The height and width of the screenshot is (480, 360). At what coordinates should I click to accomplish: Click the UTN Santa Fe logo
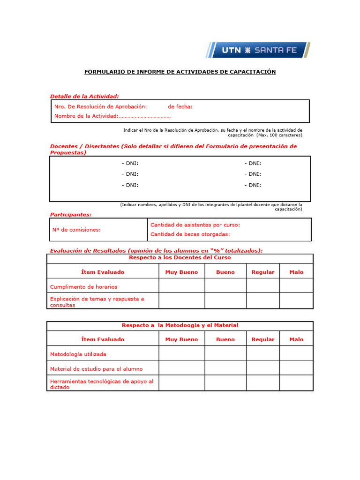(x=258, y=50)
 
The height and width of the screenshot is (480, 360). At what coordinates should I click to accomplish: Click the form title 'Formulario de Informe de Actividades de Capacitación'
(x=180, y=72)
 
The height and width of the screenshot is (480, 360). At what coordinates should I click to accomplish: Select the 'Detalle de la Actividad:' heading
(x=84, y=96)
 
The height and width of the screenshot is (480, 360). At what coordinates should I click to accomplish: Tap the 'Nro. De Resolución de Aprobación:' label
(x=100, y=106)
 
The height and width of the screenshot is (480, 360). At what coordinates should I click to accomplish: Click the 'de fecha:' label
(x=180, y=106)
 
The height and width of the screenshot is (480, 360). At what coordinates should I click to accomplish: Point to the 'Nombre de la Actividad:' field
(x=112, y=116)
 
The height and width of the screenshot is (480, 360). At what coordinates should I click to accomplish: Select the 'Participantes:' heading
(x=71, y=214)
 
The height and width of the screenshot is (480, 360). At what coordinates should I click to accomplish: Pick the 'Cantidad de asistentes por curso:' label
(x=195, y=225)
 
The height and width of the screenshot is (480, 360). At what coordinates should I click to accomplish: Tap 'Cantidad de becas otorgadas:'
(x=190, y=234)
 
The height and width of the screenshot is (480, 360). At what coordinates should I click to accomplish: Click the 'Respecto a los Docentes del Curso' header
(x=180, y=258)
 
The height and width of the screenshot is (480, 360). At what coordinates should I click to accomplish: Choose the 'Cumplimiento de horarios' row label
(x=83, y=286)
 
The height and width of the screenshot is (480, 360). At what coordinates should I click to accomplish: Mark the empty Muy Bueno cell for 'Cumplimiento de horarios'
(x=182, y=285)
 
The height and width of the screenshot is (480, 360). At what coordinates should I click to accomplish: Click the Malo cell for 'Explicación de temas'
(x=296, y=301)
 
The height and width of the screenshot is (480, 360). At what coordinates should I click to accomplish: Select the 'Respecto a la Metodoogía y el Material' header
(x=180, y=325)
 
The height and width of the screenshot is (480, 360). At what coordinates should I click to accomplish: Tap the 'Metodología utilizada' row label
(x=78, y=354)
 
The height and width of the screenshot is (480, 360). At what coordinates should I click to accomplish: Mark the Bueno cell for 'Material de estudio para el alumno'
(x=225, y=368)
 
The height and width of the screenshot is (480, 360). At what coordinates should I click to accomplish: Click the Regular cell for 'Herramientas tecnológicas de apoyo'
(x=263, y=383)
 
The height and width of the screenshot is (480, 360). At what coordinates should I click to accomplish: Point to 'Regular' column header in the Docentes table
(x=263, y=272)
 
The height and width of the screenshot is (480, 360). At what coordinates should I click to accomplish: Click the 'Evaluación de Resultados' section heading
(x=156, y=251)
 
